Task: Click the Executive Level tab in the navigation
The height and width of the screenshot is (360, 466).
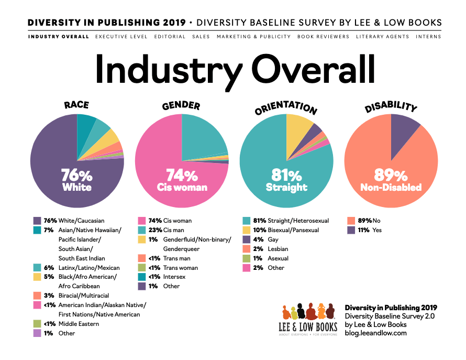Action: click(x=121, y=37)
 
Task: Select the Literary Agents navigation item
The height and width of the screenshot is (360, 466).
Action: click(x=382, y=37)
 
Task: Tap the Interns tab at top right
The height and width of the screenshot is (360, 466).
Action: click(x=428, y=37)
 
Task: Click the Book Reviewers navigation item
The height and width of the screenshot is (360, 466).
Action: click(x=323, y=37)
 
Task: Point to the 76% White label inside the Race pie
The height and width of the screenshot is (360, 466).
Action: click(x=77, y=179)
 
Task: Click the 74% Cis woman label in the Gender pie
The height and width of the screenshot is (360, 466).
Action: click(x=182, y=179)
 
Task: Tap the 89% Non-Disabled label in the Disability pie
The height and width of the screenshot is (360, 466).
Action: click(x=391, y=179)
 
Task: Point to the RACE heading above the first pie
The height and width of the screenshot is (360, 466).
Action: click(x=76, y=105)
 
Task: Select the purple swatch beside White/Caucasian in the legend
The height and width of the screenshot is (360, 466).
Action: click(x=37, y=221)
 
